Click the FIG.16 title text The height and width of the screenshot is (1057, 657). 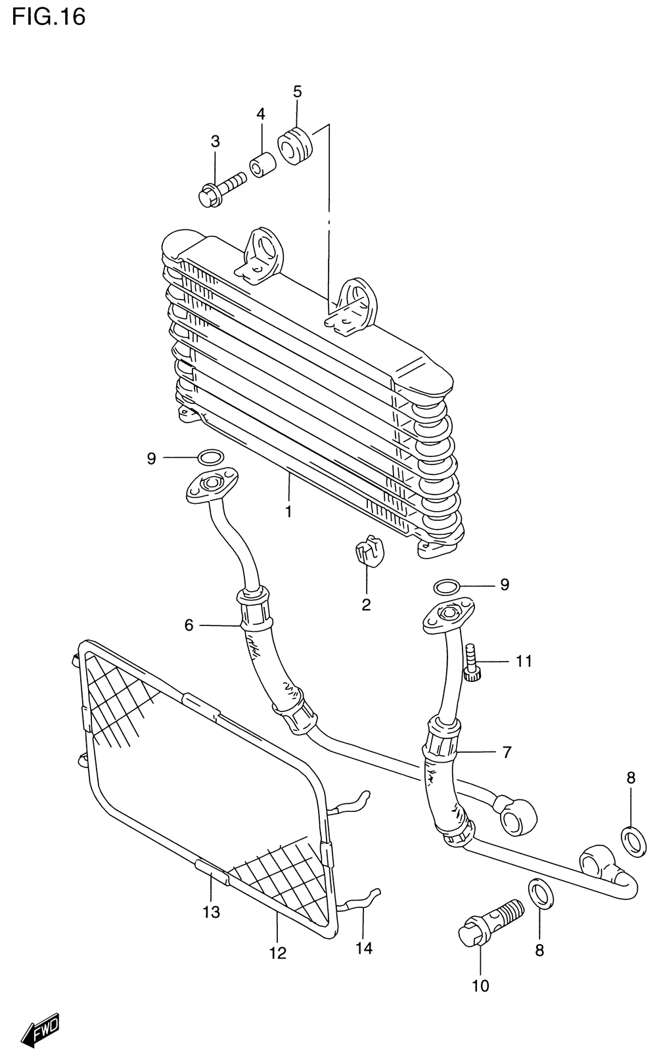(x=49, y=16)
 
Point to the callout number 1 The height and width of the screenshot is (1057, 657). (x=288, y=510)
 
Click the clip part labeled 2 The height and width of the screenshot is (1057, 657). (x=369, y=551)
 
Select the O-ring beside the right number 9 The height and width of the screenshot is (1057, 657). (x=446, y=585)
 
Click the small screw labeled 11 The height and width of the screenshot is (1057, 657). (x=471, y=663)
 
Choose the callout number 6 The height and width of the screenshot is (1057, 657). (x=189, y=625)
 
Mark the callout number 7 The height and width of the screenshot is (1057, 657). (x=507, y=752)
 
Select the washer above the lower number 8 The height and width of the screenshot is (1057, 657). (x=540, y=895)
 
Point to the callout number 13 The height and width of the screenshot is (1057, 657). (x=211, y=912)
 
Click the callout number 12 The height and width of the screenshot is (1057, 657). (x=278, y=953)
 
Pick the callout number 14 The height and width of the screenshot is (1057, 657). (x=364, y=947)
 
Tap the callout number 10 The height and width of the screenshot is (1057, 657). (x=480, y=985)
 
